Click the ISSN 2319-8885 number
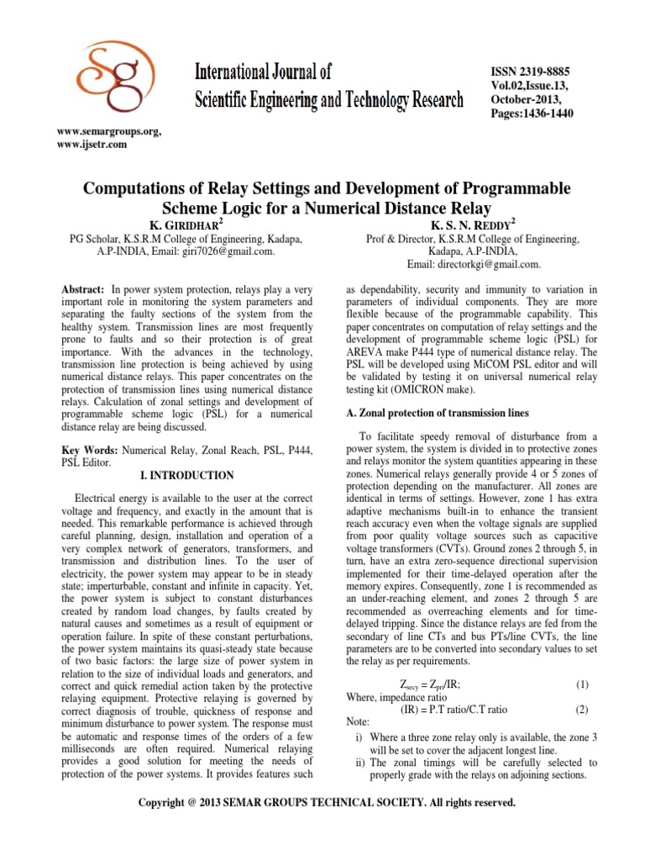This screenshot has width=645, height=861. (531, 73)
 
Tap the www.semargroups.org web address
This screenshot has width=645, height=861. (108, 132)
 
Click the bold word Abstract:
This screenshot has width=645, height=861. (81, 288)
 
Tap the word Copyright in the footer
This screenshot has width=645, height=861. (163, 803)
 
